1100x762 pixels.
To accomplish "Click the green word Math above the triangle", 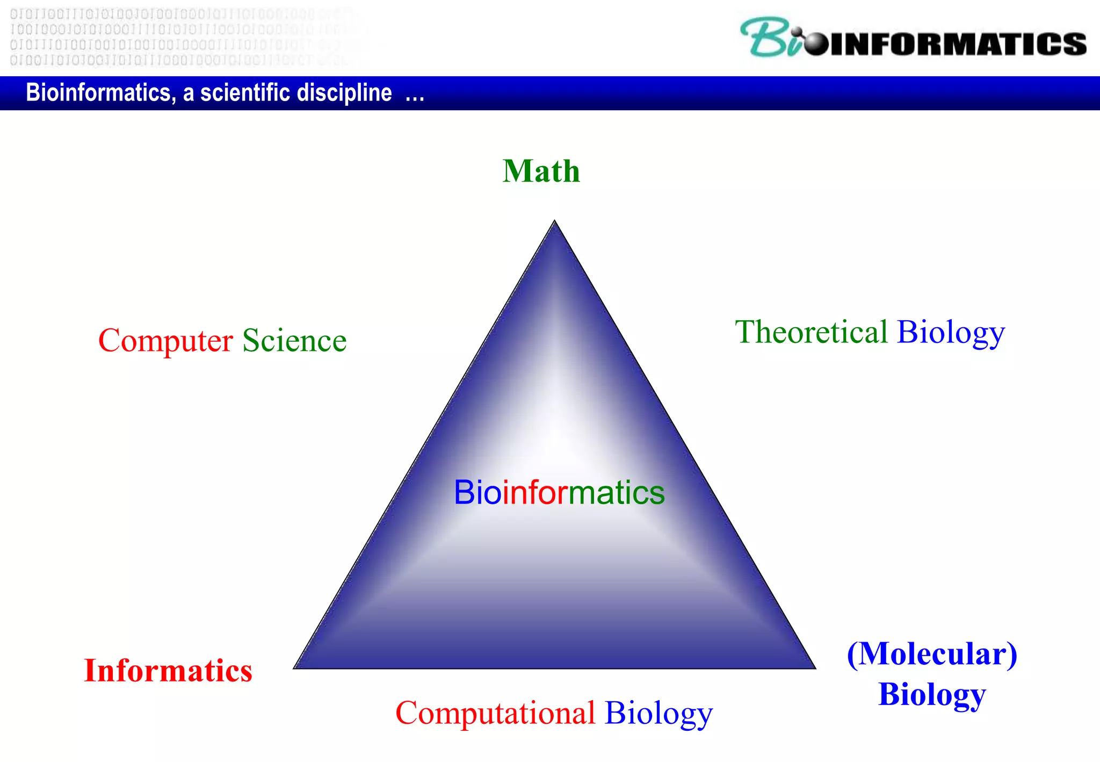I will pos(541,171).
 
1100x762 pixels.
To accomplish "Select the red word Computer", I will pos(165,341).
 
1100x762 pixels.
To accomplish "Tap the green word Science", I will pos(294,341).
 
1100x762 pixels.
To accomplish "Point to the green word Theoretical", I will pos(811,332).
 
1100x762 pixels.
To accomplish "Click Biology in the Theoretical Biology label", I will pos(951,333).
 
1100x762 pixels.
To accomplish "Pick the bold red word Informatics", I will pos(168,671).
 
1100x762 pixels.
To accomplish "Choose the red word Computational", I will pos(495,713).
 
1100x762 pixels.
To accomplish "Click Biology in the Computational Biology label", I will pos(658,714).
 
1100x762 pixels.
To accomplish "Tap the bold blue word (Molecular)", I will pos(932,654).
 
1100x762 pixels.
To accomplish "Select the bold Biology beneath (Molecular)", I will pos(932,694).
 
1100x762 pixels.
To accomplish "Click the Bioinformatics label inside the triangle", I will pos(559,492).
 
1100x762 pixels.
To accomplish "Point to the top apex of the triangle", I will pos(554,221).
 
